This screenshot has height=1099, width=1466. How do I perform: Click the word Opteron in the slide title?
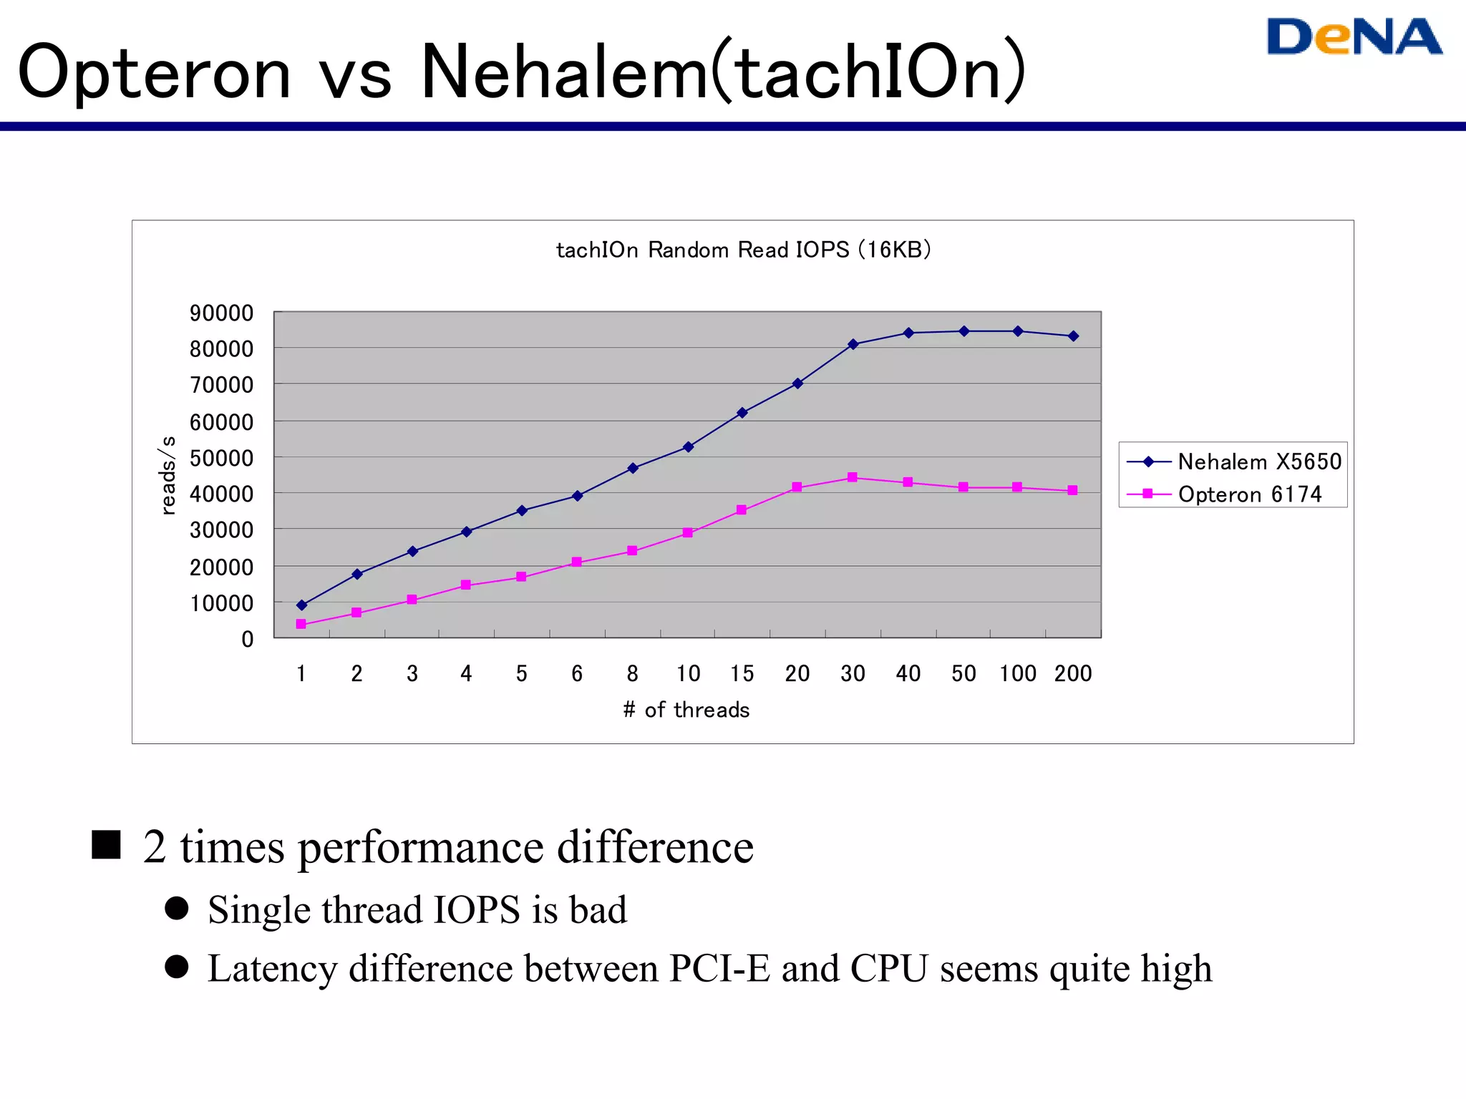click(x=155, y=72)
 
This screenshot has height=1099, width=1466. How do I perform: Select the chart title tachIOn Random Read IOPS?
click(x=743, y=250)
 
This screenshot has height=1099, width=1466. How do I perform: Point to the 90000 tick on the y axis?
click(x=221, y=313)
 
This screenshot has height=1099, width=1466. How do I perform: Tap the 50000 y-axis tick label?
click(x=221, y=458)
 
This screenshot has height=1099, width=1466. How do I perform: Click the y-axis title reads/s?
click(x=168, y=475)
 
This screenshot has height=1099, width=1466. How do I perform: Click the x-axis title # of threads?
click(x=686, y=710)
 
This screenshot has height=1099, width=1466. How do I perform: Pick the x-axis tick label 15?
click(x=742, y=673)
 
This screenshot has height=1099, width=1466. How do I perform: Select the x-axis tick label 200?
click(x=1072, y=673)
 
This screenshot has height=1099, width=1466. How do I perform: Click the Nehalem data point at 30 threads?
click(x=853, y=344)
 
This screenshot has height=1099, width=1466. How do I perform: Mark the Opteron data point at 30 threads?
click(x=852, y=477)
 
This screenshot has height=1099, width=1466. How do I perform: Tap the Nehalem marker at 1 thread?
click(x=301, y=605)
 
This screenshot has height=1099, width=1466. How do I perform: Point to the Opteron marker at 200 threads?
click(x=1072, y=490)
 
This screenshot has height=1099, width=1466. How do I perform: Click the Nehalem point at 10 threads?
click(x=688, y=447)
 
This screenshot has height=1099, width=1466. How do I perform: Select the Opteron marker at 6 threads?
click(x=576, y=562)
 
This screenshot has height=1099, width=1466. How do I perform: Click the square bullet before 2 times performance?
click(x=106, y=844)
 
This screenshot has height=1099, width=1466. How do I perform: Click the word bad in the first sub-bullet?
click(x=598, y=910)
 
